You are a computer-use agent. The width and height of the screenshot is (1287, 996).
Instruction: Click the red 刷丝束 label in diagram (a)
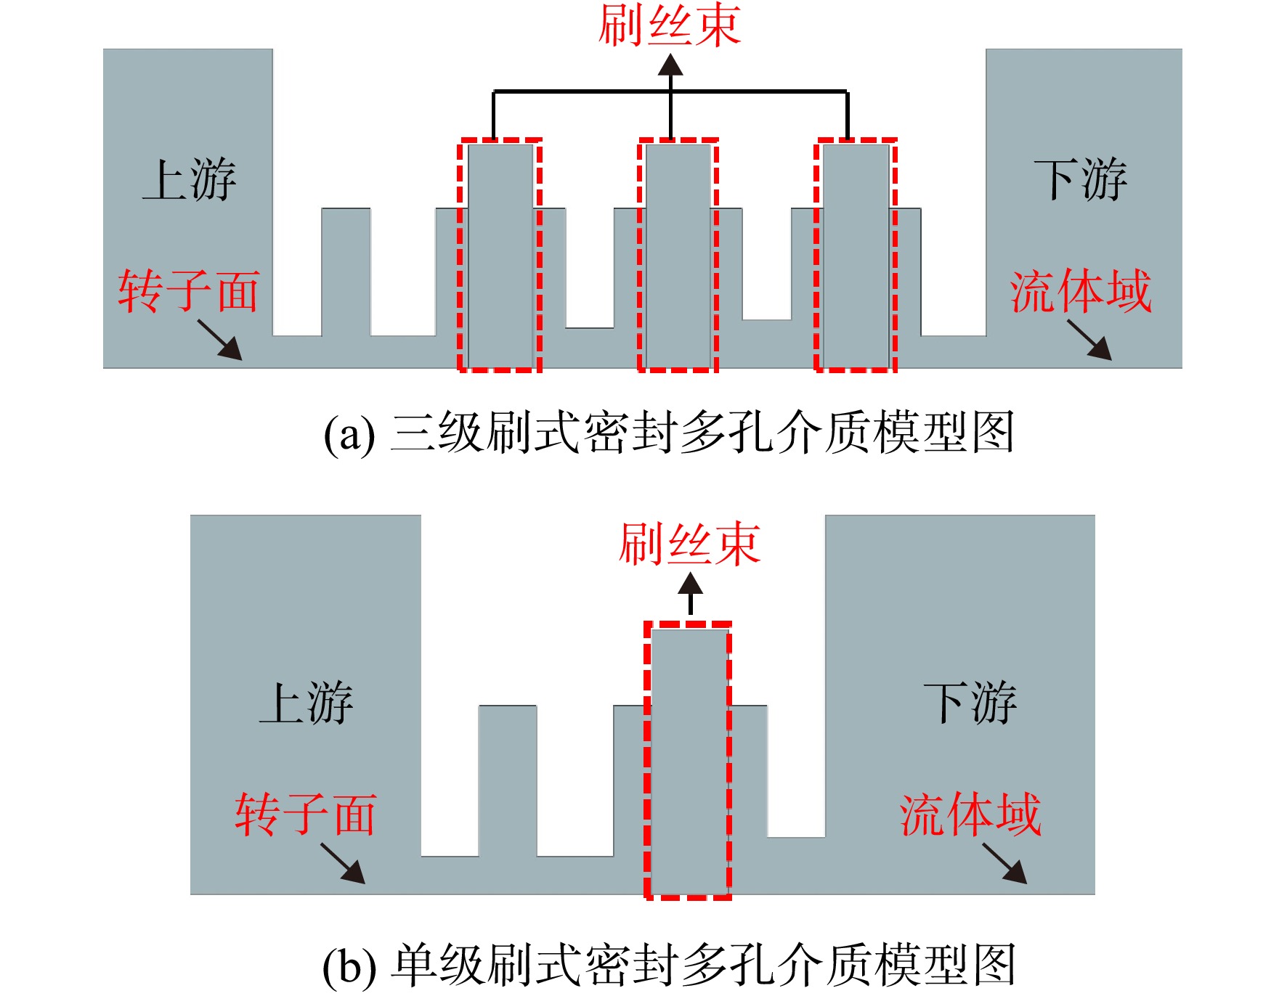[669, 25]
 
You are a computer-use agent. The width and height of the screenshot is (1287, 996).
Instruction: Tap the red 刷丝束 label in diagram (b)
[689, 544]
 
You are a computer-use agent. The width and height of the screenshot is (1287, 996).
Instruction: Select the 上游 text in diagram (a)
[190, 179]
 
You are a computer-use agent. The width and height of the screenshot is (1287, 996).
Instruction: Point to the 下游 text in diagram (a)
[1081, 179]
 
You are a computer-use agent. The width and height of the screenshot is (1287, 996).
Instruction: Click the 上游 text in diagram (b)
[306, 702]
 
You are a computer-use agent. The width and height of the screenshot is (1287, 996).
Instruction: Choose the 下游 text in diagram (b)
[970, 702]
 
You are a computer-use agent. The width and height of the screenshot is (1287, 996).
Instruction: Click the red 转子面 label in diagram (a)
[189, 291]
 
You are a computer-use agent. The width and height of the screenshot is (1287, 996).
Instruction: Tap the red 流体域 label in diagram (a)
[1081, 291]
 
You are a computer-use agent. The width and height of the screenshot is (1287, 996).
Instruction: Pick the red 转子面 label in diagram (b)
[305, 814]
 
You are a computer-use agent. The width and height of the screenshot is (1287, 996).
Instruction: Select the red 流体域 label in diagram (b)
[970, 814]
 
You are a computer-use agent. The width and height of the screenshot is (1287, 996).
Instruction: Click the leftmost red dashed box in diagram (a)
[460, 255]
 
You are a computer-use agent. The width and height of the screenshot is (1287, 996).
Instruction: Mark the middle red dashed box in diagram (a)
[640, 255]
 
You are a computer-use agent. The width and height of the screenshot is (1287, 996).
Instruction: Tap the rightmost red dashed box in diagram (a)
[816, 255]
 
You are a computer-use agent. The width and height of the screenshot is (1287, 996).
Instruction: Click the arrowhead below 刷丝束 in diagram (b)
[690, 583]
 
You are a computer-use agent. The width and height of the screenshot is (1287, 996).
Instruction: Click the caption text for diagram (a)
[668, 433]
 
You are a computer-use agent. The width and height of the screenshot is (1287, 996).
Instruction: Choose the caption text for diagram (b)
[668, 966]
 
